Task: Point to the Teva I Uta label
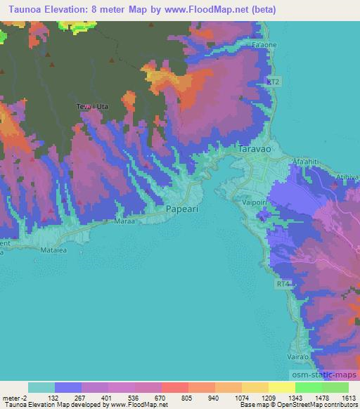pos(89,107)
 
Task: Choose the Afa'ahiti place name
pos(307,161)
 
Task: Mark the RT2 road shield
pos(275,82)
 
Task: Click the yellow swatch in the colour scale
pos(281,387)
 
